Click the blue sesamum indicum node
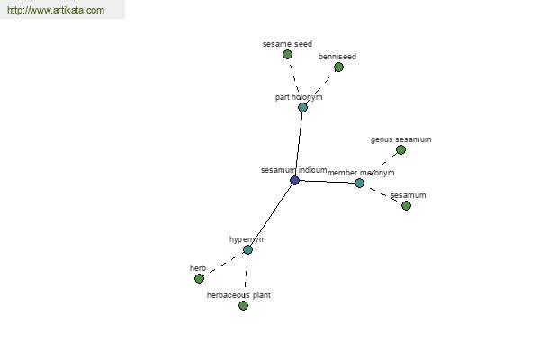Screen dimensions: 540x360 (294, 180)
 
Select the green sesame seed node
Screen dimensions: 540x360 (288, 54)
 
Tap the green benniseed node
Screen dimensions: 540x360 (339, 67)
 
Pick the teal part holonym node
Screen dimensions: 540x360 (302, 107)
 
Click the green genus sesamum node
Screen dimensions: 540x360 (400, 150)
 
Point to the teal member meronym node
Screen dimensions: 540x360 (359, 184)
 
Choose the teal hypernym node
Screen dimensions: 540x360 (248, 250)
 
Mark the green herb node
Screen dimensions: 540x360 (200, 278)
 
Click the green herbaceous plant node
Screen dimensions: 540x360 (244, 306)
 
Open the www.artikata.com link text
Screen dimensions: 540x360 (56, 10)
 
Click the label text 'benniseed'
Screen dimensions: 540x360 (337, 57)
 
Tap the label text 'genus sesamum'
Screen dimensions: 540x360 (400, 139)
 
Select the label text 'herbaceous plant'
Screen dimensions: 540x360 (238, 295)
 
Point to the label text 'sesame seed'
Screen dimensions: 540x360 (288, 44)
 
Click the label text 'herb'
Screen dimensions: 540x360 (198, 268)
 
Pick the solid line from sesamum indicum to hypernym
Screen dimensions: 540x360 (272, 215)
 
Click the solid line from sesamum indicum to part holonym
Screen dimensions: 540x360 (299, 144)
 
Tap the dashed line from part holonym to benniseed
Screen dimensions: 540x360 (319, 88)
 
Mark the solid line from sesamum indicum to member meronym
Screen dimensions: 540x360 (328, 182)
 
